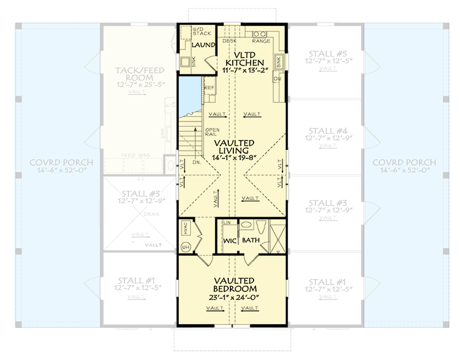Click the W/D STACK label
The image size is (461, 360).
tap(190, 32)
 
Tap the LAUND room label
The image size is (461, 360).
tap(204, 45)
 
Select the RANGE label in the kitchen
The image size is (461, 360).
tap(261, 41)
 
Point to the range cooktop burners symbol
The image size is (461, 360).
tap(260, 33)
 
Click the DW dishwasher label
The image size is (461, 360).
tap(277, 78)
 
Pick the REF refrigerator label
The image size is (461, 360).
tap(209, 88)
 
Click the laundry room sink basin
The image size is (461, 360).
tap(186, 63)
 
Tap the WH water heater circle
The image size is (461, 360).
tap(186, 247)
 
